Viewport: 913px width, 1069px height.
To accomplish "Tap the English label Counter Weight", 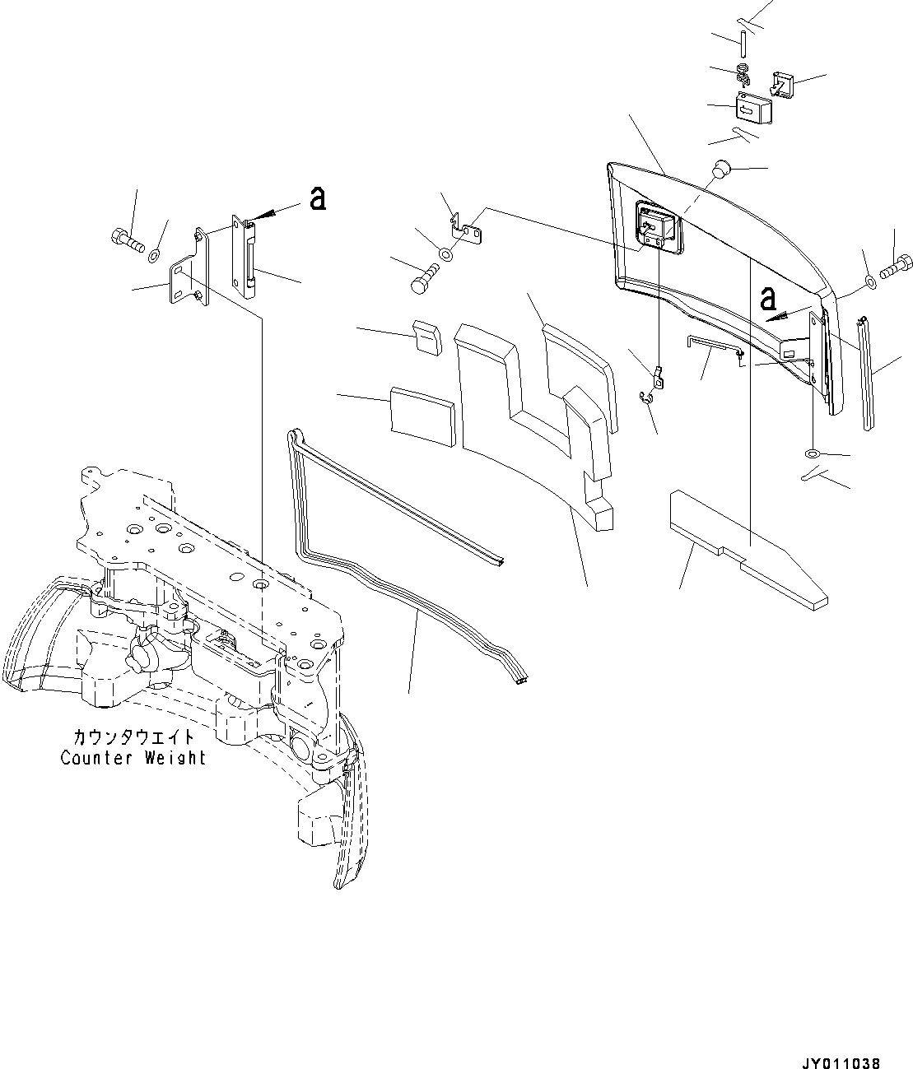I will click(133, 758).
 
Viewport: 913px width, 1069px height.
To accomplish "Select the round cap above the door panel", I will click(721, 170).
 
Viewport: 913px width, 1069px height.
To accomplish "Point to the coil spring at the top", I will click(744, 76).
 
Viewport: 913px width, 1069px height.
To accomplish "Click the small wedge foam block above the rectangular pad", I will click(426, 337).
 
